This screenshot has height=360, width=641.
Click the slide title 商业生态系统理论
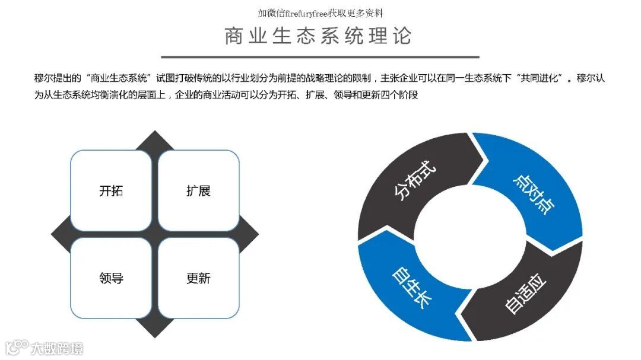(318, 36)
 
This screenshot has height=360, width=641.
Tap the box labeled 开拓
(111, 191)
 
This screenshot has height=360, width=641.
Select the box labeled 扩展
(198, 191)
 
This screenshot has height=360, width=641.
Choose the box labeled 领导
(111, 278)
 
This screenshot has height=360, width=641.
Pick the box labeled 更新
(198, 278)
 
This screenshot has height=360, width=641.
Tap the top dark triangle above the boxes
(155, 141)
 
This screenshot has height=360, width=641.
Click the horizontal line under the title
(318, 57)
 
